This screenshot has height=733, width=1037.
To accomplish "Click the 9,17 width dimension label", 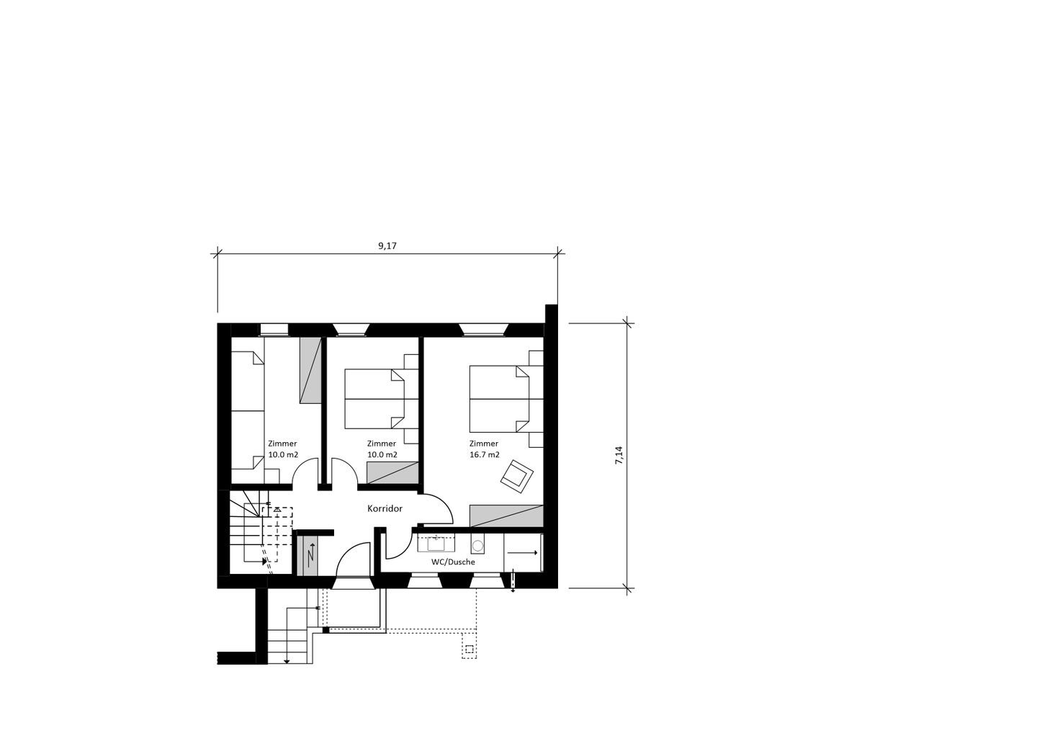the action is click(387, 246).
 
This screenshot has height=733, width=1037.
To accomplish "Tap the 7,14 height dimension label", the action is click(619, 455).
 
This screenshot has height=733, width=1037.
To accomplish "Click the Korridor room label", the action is click(385, 508).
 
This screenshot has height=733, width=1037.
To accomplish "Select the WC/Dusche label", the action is click(453, 562).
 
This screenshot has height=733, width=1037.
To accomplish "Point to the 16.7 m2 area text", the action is click(485, 454).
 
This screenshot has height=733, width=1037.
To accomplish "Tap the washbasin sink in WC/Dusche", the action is click(436, 544).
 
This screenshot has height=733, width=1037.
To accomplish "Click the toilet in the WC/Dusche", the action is click(477, 544).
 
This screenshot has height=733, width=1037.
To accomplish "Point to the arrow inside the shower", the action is click(523, 552).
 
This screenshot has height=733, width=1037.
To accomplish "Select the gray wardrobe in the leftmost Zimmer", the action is click(310, 370).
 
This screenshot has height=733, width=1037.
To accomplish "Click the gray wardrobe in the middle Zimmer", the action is click(392, 472).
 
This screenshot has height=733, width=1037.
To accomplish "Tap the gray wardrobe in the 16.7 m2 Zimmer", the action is click(506, 516).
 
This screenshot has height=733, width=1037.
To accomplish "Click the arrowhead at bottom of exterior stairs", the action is click(287, 661).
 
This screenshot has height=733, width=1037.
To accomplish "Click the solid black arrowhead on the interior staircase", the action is click(265, 562).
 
